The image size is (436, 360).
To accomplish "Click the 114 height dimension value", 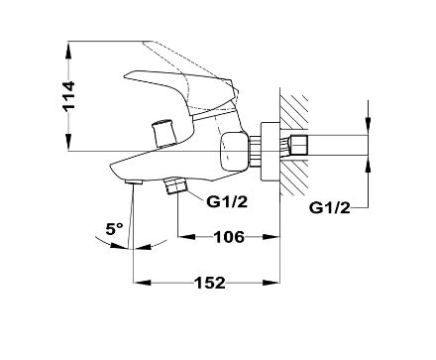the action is point(69,95).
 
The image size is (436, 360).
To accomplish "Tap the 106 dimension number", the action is point(229,237).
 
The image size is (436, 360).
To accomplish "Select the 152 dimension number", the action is point(210,283).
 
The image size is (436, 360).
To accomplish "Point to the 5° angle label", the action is point(114,228).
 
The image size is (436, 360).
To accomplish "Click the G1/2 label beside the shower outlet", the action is point(227,201).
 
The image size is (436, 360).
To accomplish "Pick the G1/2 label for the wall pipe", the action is point(329,208).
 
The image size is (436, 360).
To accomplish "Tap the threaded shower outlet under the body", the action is point(176,186).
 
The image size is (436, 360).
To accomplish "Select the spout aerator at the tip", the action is point(134,181).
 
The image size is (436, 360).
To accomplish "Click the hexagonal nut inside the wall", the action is point(299,145).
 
